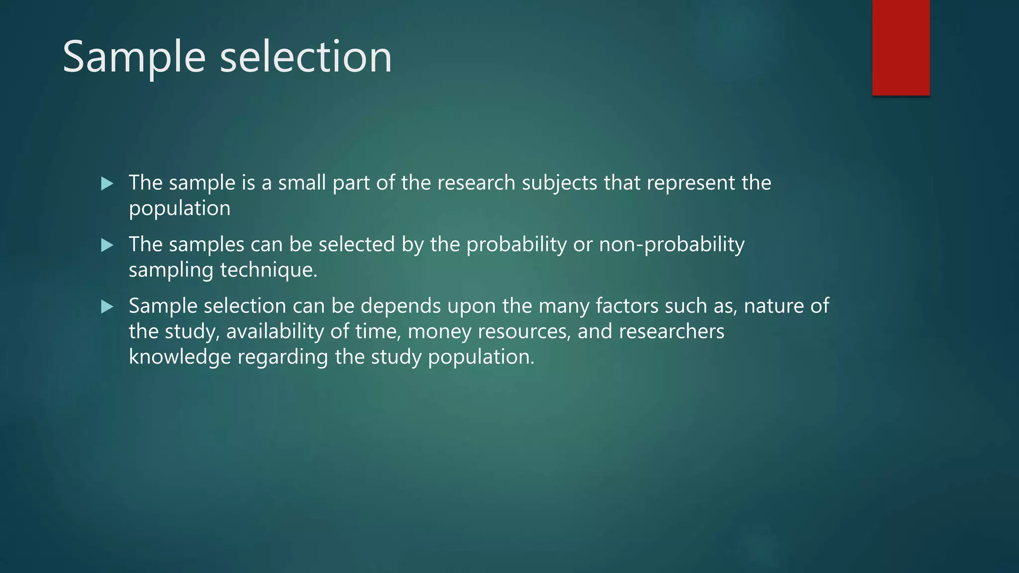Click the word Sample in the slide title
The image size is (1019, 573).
[134, 57]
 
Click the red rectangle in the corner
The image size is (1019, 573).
[901, 48]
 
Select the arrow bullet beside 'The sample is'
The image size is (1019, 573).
[107, 184]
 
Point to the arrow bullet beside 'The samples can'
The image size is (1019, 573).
[107, 245]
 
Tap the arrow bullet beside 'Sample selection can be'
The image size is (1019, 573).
[107, 307]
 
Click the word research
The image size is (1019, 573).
[476, 183]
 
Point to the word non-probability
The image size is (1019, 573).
[671, 245]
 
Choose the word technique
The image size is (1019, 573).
[269, 270]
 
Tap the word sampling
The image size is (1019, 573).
[171, 270]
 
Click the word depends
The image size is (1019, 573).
[401, 306]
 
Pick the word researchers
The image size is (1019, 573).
[671, 332]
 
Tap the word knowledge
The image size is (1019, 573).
[180, 357]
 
